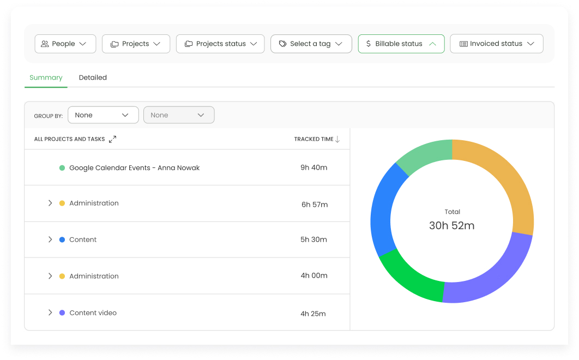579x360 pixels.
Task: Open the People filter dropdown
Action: [x=65, y=44]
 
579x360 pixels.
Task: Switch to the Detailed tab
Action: [x=93, y=77]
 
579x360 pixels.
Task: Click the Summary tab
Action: [x=46, y=77]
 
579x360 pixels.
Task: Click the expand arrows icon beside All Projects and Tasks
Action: [x=112, y=139]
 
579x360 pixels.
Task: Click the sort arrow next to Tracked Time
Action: [x=337, y=139]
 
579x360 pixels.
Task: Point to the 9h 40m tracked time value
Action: [x=314, y=167]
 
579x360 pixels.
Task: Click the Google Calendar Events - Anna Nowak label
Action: [x=134, y=168]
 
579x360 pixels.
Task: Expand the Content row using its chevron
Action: [x=50, y=239]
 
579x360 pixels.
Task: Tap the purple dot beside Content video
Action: [x=62, y=313]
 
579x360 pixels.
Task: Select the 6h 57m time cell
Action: [x=315, y=205]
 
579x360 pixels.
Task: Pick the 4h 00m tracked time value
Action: [x=314, y=275]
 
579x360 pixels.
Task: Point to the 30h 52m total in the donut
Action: [x=451, y=226]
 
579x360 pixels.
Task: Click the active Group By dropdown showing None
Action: [x=102, y=115]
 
